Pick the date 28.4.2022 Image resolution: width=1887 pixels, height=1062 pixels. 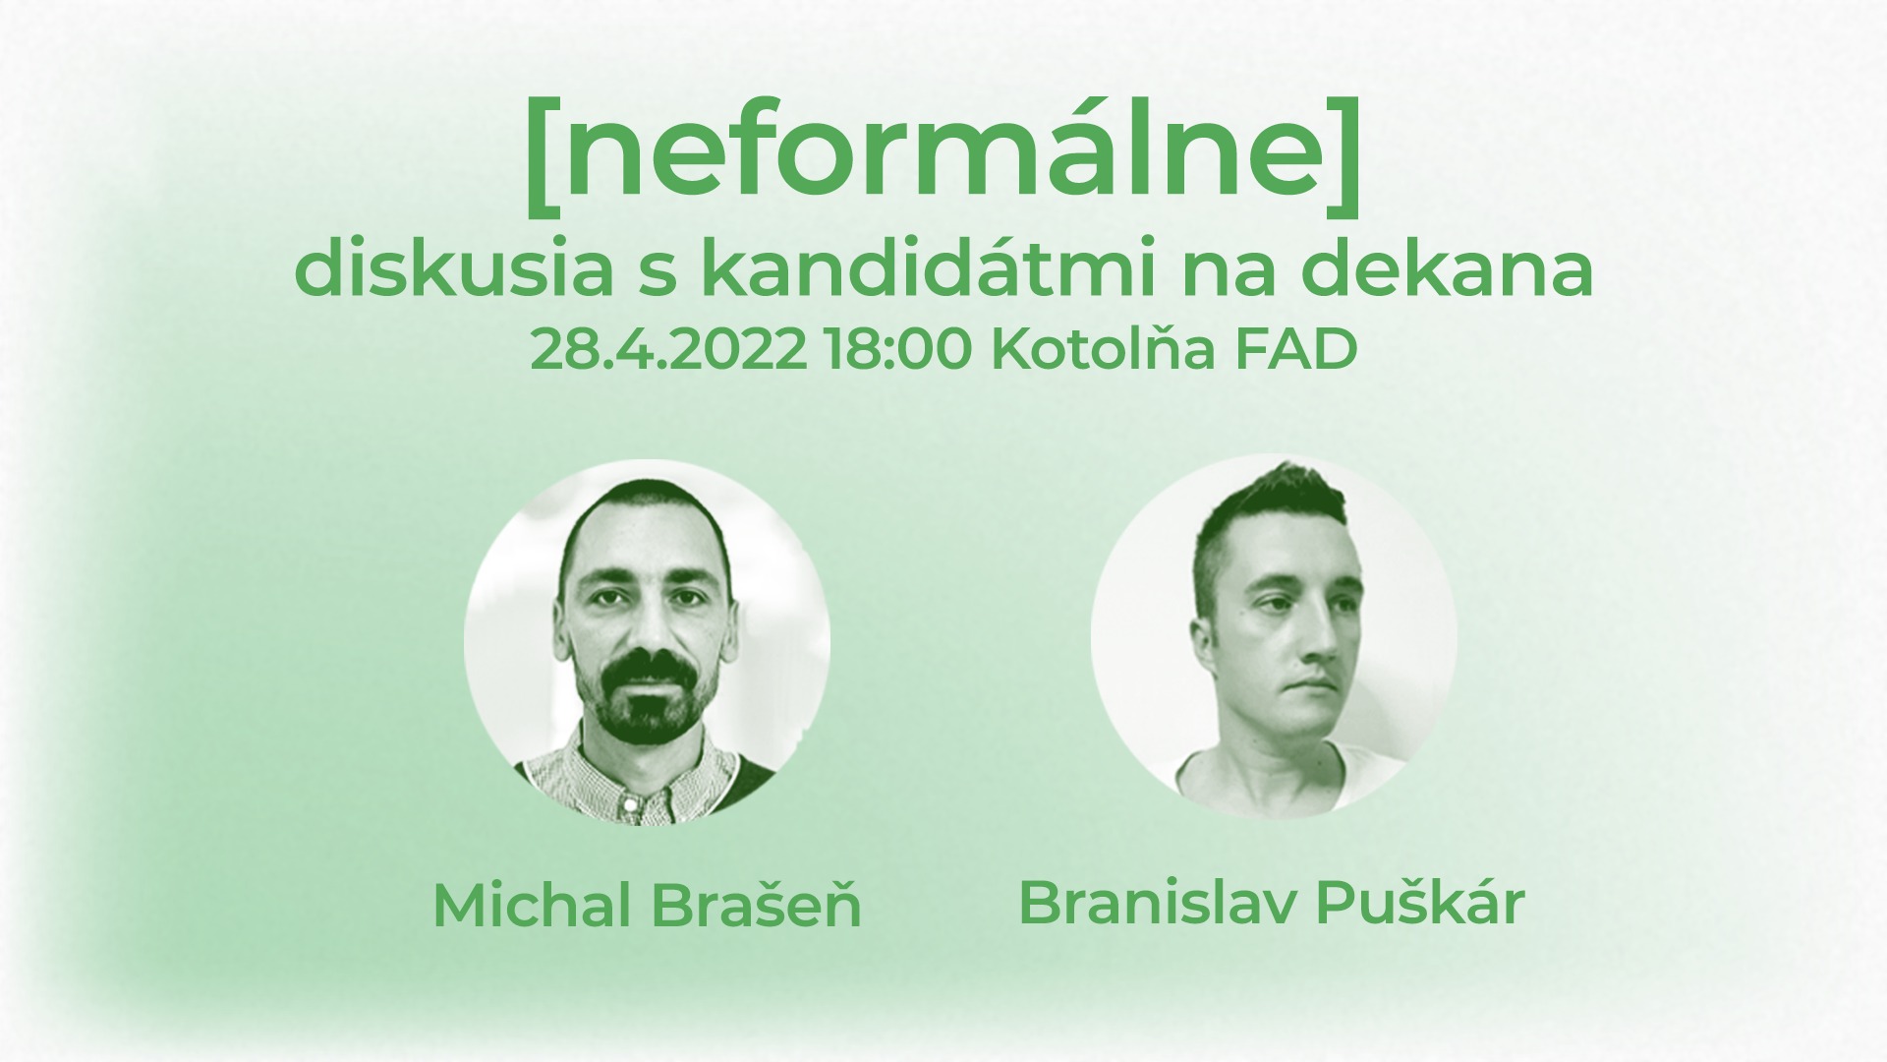point(667,350)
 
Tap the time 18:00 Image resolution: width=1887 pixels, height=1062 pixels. point(899,350)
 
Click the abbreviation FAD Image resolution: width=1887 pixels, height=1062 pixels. point(1284,350)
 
